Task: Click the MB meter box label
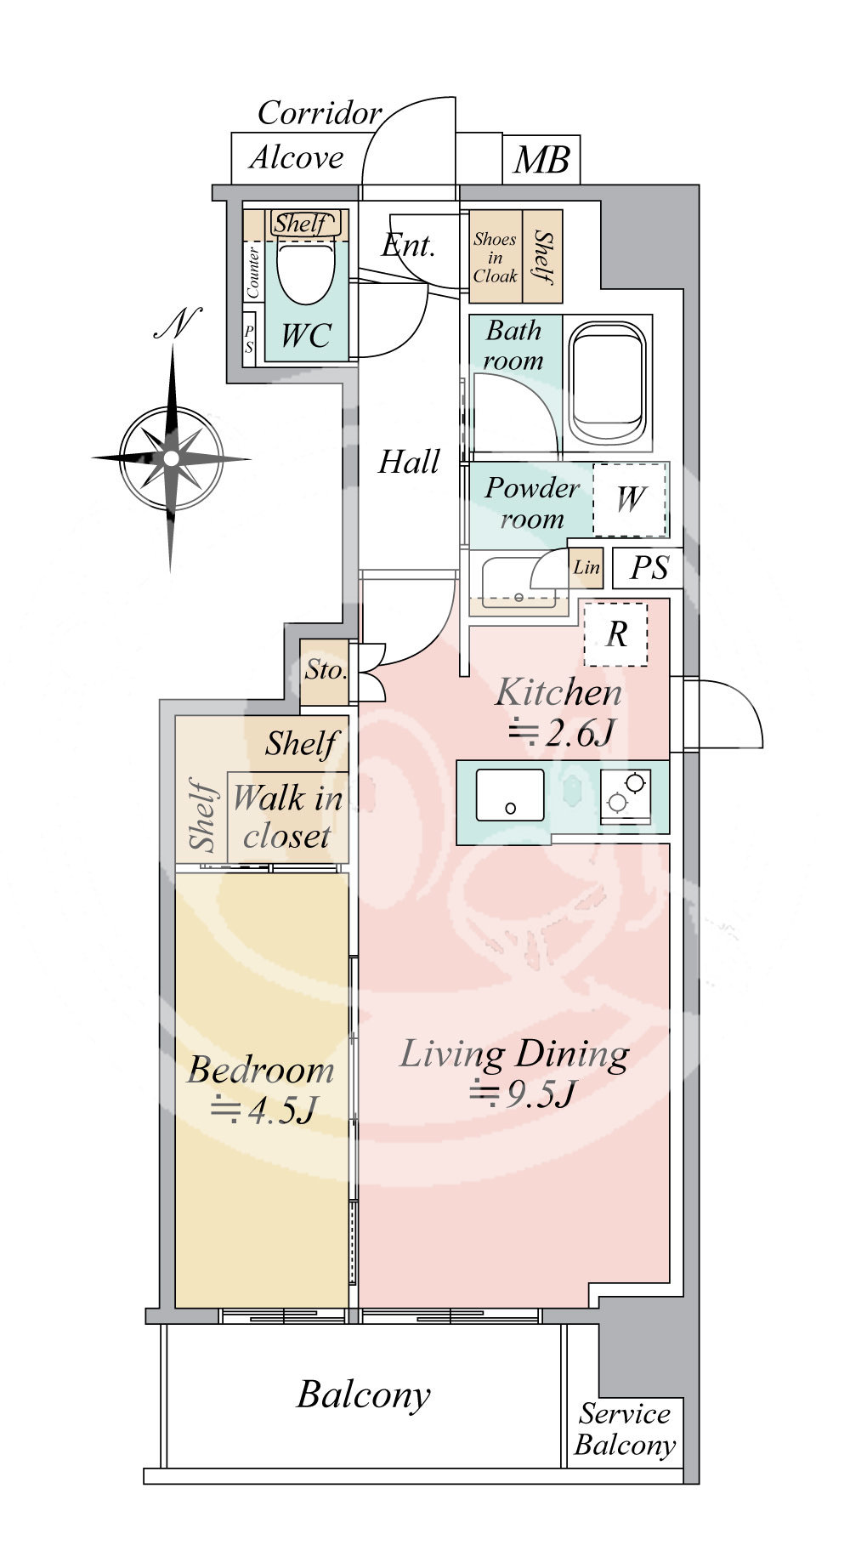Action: (541, 160)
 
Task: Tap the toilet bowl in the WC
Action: (306, 270)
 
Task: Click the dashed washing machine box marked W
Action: (630, 499)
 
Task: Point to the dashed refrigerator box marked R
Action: (615, 634)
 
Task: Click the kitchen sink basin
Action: (509, 795)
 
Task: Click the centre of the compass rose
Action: (171, 458)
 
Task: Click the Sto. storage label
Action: (326, 670)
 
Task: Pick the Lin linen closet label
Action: (586, 567)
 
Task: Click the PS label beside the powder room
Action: (649, 568)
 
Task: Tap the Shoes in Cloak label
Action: (495, 258)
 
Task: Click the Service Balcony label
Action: (625, 1429)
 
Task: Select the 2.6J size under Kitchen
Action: (561, 732)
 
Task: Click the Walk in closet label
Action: (287, 817)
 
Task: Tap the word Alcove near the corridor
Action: (297, 157)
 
